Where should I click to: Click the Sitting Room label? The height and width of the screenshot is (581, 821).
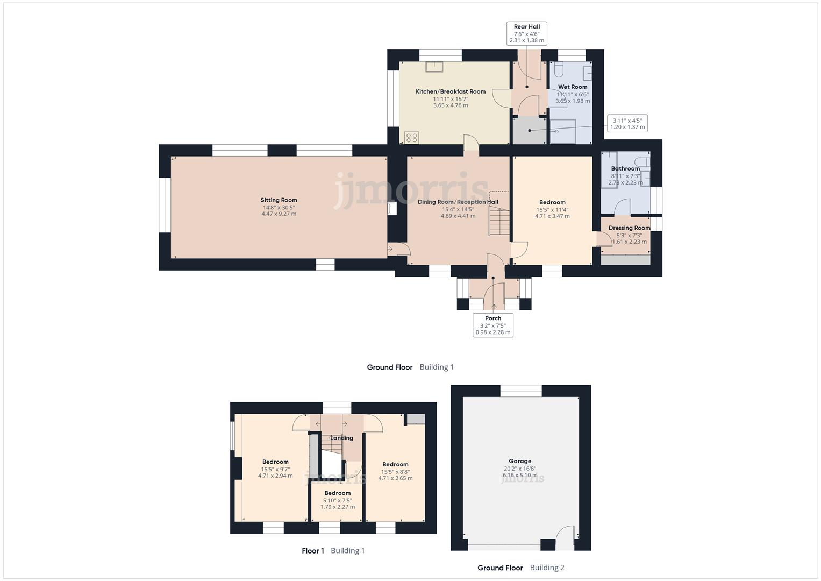(x=279, y=200)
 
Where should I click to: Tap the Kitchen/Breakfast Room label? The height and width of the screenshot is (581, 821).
(x=451, y=91)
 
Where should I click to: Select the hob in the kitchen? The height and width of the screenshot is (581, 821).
(x=412, y=137)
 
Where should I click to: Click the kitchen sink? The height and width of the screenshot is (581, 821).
(x=433, y=67)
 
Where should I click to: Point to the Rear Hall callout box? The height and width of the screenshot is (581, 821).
(x=526, y=33)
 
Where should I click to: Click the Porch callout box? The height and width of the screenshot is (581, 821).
(x=492, y=325)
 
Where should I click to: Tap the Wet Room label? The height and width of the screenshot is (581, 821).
(x=573, y=87)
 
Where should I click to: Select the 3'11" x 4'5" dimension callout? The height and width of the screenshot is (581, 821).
(x=626, y=123)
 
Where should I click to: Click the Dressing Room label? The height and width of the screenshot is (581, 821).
(x=629, y=228)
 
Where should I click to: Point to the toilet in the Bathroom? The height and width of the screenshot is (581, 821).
(x=641, y=162)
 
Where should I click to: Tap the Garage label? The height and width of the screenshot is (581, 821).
(x=520, y=461)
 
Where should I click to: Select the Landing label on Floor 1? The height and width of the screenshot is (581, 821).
(x=341, y=438)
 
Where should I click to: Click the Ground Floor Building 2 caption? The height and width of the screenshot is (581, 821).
(x=520, y=568)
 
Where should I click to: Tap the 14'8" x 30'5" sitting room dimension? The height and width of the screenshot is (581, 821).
(x=279, y=207)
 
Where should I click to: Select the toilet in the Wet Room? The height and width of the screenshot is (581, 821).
(x=558, y=69)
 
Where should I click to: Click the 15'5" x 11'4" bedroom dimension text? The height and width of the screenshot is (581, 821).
(x=552, y=210)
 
